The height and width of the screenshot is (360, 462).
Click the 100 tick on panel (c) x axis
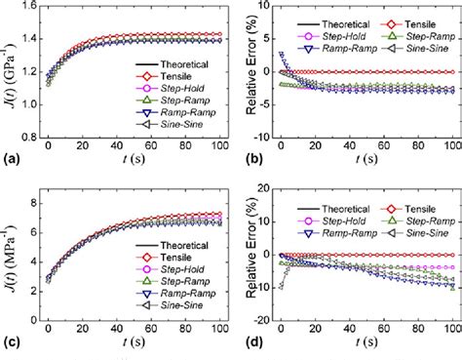click(211, 331)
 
